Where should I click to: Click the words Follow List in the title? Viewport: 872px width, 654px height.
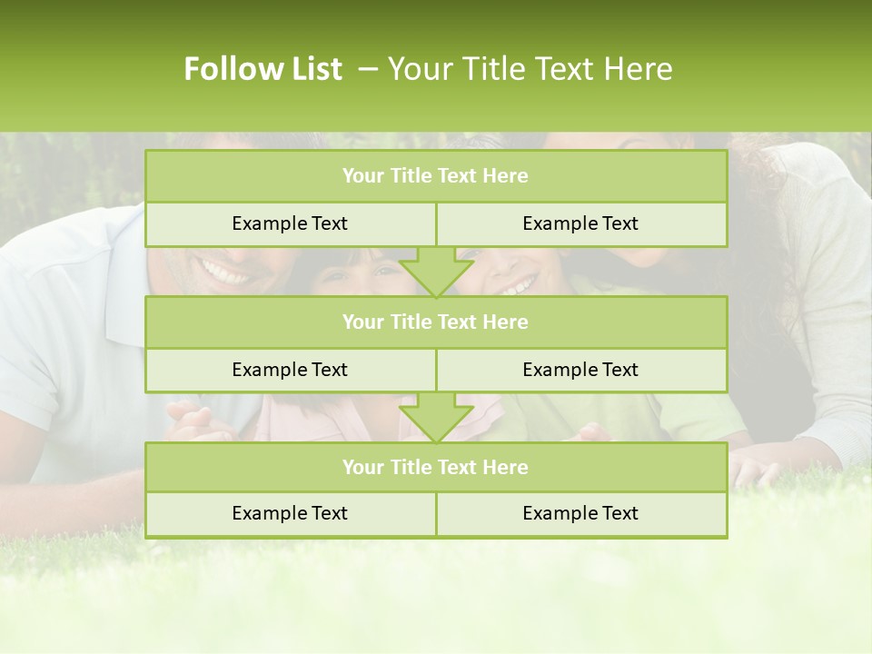(263, 69)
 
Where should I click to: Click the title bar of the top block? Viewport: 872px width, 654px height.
(436, 176)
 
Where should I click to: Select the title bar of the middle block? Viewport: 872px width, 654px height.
(436, 322)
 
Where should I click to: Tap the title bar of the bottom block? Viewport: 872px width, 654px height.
(436, 467)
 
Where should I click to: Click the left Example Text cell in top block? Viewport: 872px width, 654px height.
(290, 223)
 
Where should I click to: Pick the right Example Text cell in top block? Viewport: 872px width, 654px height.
(580, 223)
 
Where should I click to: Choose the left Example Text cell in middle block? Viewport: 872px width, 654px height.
(290, 370)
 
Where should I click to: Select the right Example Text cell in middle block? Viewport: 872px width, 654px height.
(580, 370)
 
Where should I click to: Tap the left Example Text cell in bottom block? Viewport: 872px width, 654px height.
(290, 513)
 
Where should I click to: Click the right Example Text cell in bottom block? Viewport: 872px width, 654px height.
(580, 513)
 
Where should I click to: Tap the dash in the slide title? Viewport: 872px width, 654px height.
(368, 69)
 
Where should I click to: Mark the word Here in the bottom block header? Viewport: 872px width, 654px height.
(506, 467)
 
